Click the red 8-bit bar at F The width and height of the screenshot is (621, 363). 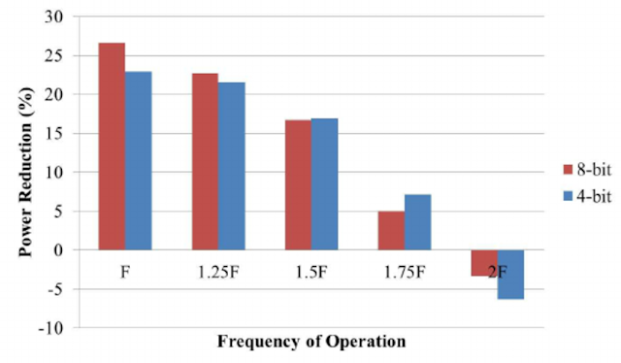pyautogui.click(x=113, y=147)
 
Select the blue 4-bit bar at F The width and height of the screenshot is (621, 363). pyautogui.click(x=138, y=161)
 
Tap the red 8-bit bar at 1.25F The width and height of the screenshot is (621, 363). pyautogui.click(x=205, y=162)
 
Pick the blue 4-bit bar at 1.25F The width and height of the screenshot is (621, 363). pyautogui.click(x=232, y=166)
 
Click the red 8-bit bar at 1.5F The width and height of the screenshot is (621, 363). pyautogui.click(x=298, y=185)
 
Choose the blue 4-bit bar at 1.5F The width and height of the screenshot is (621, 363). pyautogui.click(x=324, y=184)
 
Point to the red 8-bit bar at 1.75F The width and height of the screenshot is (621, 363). pyautogui.click(x=391, y=231)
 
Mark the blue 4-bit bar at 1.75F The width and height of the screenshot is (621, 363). pyautogui.click(x=418, y=222)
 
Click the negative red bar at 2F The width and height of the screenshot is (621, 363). pyautogui.click(x=484, y=263)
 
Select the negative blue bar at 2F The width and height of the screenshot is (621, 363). pyautogui.click(x=511, y=275)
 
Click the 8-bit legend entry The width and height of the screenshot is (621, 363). pyautogui.click(x=587, y=170)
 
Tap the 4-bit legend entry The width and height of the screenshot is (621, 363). pyautogui.click(x=587, y=196)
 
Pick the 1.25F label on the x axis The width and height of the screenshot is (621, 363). pyautogui.click(x=218, y=272)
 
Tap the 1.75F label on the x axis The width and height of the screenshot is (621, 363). pyautogui.click(x=405, y=272)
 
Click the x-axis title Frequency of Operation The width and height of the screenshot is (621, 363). pyautogui.click(x=311, y=342)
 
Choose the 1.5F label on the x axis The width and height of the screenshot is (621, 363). pyautogui.click(x=311, y=272)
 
